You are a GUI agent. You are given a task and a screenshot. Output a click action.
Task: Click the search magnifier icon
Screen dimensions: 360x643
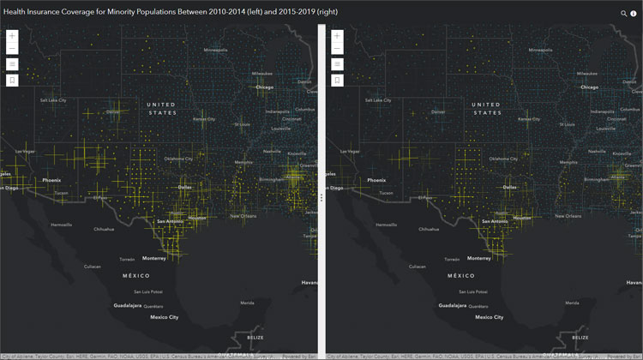(624, 14)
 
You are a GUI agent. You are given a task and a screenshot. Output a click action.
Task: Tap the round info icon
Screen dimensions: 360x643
(634, 14)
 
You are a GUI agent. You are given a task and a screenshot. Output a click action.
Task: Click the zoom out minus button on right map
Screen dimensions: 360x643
(338, 49)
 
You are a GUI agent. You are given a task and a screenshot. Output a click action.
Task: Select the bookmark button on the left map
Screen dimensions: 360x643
(13, 81)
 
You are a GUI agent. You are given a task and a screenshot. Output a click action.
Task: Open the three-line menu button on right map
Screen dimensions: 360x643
(338, 64)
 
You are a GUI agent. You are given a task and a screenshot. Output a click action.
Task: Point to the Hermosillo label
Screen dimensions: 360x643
(62, 225)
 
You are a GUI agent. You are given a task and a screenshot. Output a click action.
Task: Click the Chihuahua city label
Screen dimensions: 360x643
(104, 230)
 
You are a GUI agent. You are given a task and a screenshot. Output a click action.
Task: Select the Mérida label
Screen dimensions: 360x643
(247, 303)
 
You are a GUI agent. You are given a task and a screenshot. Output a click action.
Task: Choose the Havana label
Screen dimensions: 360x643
(309, 282)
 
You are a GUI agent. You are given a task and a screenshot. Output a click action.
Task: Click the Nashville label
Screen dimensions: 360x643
(272, 152)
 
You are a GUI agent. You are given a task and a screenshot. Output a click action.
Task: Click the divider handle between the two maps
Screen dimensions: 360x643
(321, 196)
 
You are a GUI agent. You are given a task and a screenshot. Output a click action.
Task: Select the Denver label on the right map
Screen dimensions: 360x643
(438, 111)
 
